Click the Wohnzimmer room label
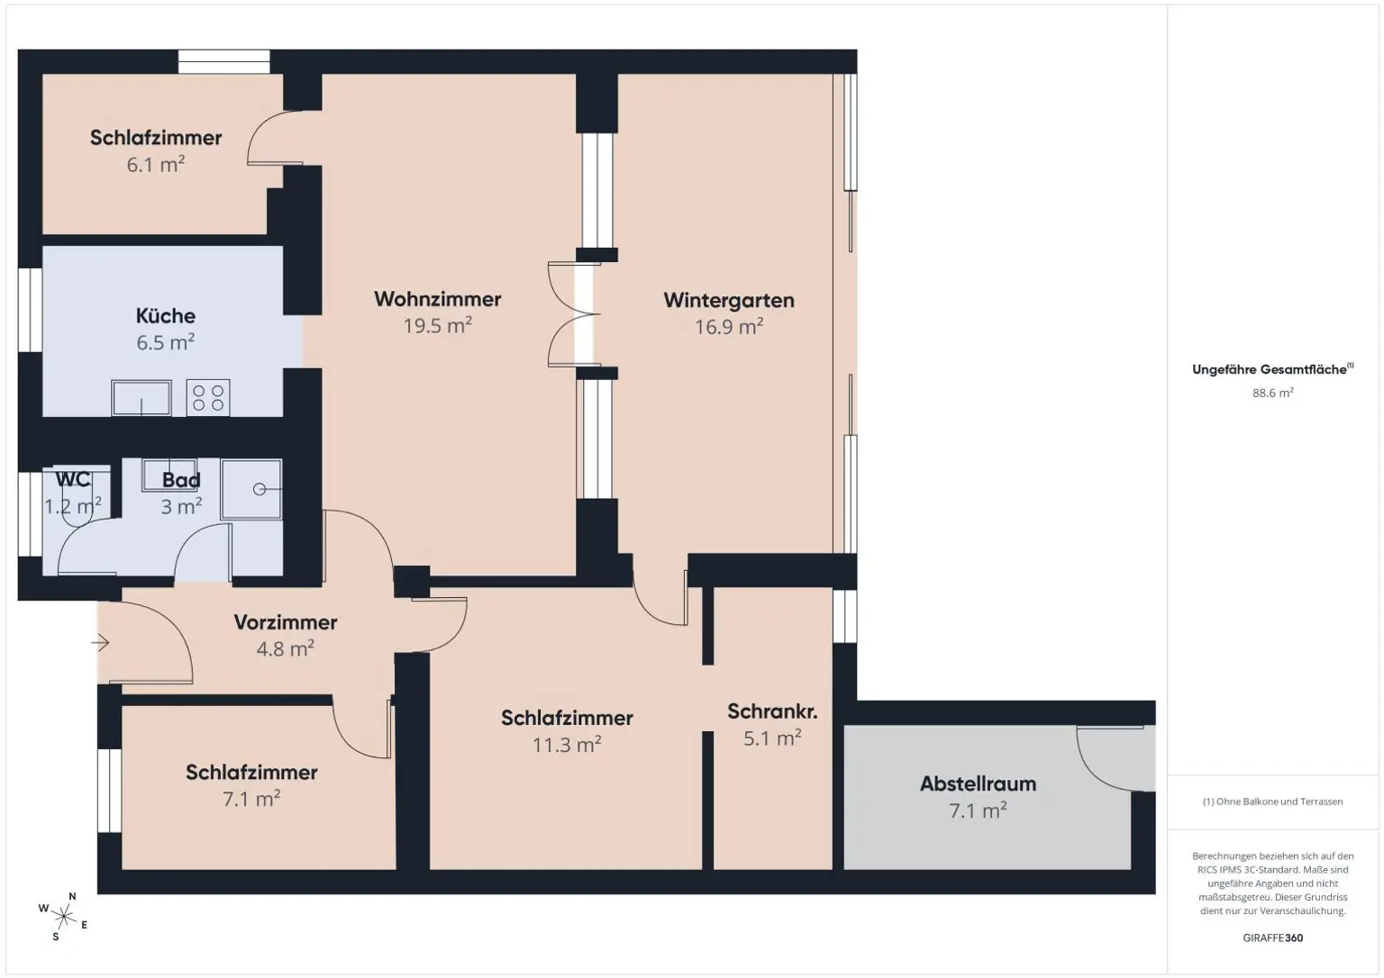[x=437, y=299]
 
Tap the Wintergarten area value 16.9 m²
[x=728, y=327]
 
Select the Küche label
[x=165, y=316]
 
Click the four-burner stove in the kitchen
[x=208, y=398]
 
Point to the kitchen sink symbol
[x=141, y=398]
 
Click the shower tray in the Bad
[x=251, y=489]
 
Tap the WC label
[x=72, y=479]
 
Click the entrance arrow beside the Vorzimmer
[x=99, y=643]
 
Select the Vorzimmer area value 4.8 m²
[x=285, y=649]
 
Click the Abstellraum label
[x=978, y=784]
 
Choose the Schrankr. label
[x=772, y=711]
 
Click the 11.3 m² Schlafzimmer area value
[x=566, y=746]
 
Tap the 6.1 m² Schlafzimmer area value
[x=156, y=165]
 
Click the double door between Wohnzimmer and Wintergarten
[x=575, y=314]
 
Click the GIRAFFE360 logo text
[x=1272, y=937]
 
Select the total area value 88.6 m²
[x=1272, y=393]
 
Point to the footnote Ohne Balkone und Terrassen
[x=1272, y=801]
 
